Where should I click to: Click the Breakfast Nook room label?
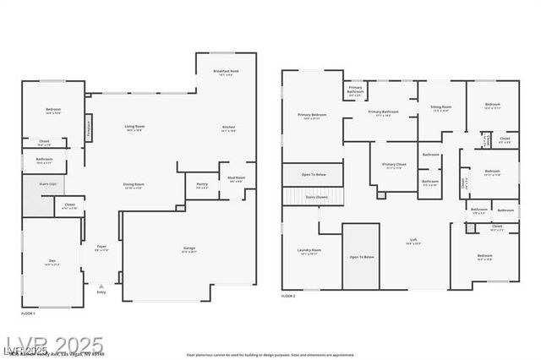coord(225,73)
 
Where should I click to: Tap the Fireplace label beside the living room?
coord(88,128)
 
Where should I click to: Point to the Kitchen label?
coord(228,128)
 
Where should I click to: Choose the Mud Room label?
coord(236,178)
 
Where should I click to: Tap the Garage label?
coord(189,248)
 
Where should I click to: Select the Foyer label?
coord(101,248)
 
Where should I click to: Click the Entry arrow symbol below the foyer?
coord(101,286)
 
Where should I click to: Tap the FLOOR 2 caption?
coord(289,296)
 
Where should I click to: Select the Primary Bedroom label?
coord(312,116)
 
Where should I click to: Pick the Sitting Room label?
coord(440,107)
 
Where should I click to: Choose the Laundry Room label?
coord(309,251)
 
